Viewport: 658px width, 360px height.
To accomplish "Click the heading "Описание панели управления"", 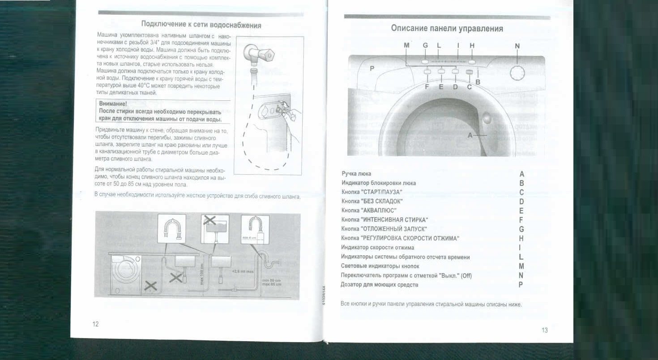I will (x=447, y=29).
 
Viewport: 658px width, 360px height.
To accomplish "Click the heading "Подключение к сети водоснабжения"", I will (x=201, y=25).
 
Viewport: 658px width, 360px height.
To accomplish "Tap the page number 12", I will (x=95, y=324).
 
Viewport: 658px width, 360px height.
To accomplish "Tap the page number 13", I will (x=544, y=330).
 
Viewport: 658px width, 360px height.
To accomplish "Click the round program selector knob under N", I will (x=518, y=72).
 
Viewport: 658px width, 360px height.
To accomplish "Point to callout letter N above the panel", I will (x=517, y=46).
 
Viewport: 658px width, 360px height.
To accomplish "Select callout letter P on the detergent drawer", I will (x=371, y=69).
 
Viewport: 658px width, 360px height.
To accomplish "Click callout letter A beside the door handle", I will (x=470, y=135).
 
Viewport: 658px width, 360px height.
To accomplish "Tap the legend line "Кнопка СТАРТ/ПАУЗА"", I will (x=375, y=192).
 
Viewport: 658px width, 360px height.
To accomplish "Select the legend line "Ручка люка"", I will (x=356, y=174).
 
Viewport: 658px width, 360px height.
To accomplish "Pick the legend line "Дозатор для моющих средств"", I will (x=380, y=284).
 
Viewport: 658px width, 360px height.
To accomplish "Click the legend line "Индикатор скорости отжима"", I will (x=377, y=247).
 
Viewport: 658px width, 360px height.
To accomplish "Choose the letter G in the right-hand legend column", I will (x=521, y=229).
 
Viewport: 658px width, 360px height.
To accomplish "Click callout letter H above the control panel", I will (x=472, y=46).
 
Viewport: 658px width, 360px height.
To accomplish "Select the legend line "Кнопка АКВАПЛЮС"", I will (x=369, y=210).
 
